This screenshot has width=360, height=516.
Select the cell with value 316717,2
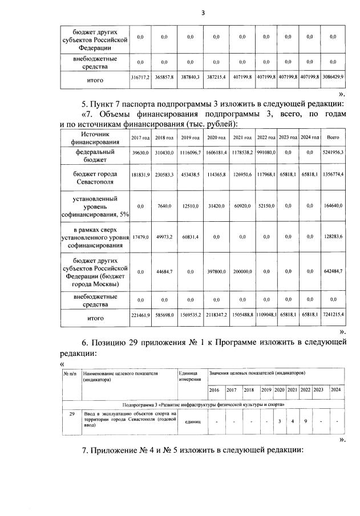click(140, 76)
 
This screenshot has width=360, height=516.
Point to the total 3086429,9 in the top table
click(333, 76)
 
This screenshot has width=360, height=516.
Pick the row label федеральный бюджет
click(95, 156)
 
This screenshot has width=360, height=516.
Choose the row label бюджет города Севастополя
click(95, 177)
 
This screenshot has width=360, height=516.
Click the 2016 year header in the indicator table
click(214, 390)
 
